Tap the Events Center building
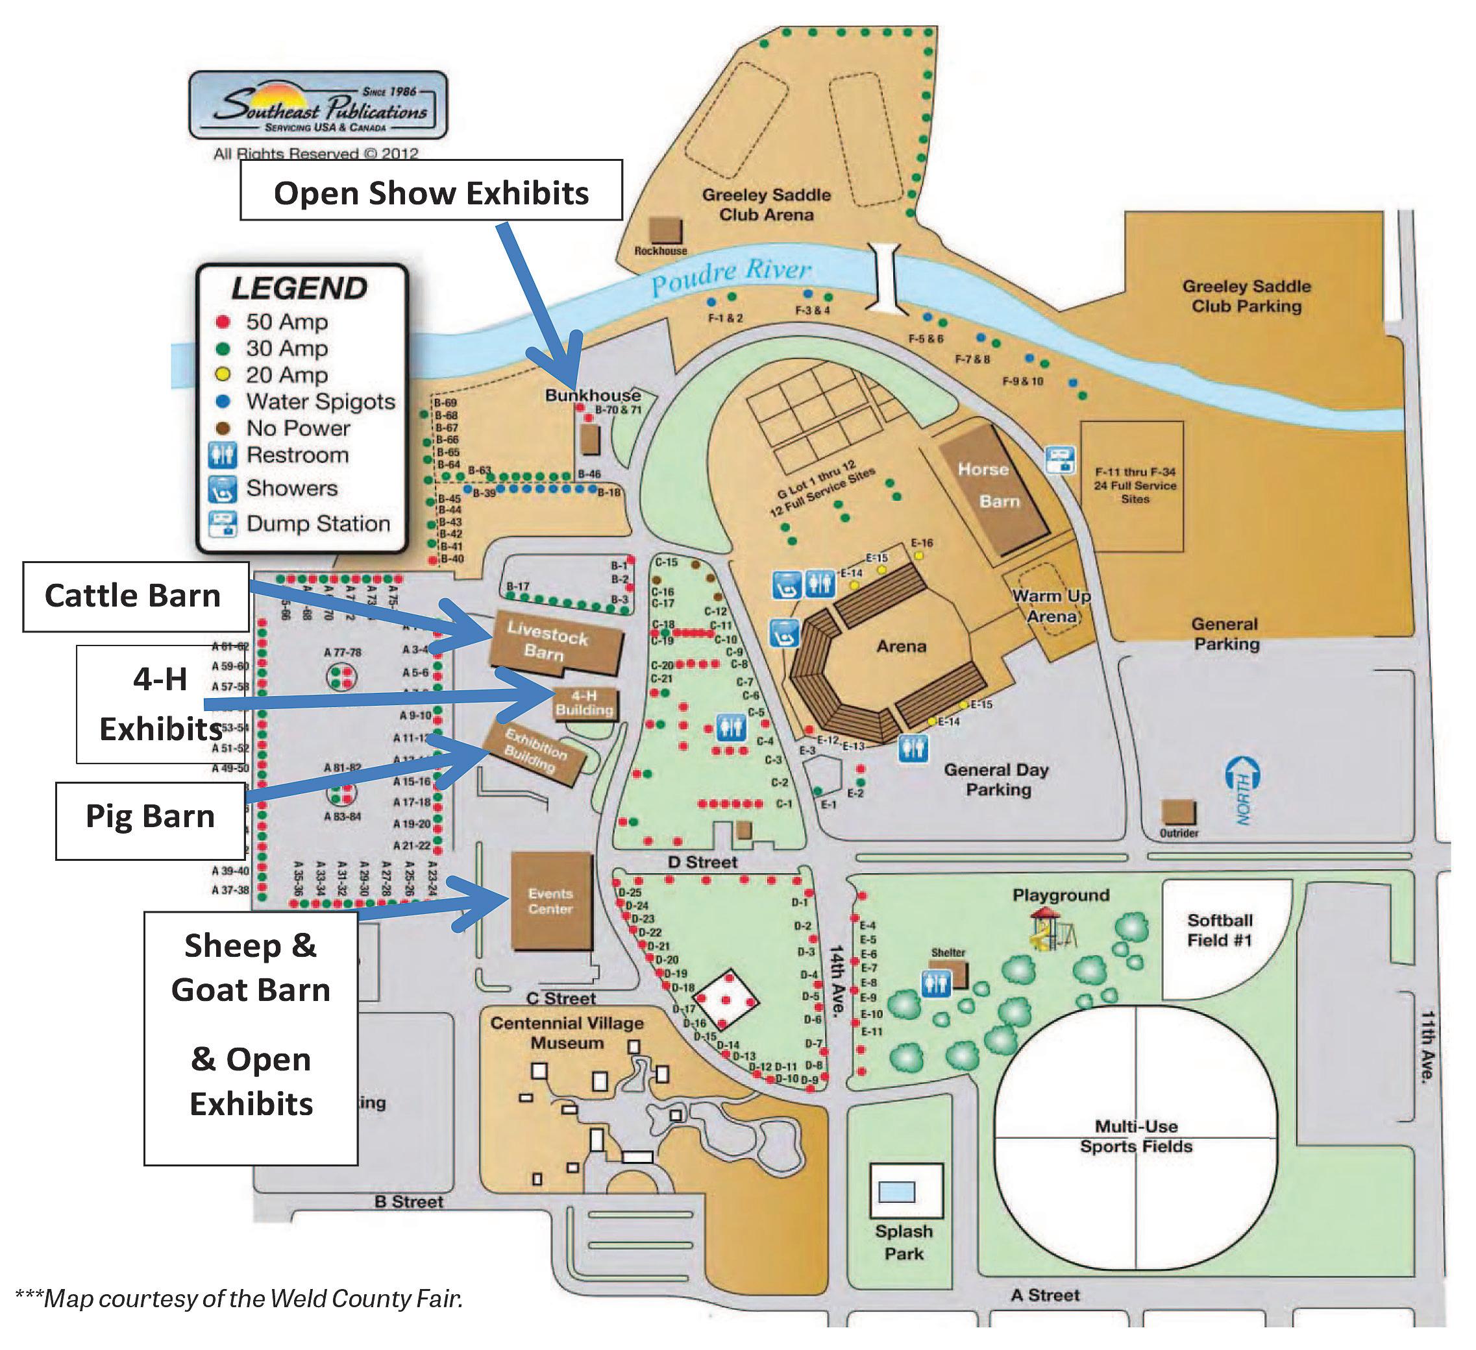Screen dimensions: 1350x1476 pyautogui.click(x=550, y=902)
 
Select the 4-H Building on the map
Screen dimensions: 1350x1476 pyautogui.click(x=584, y=703)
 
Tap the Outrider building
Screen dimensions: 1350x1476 pyautogui.click(x=1178, y=813)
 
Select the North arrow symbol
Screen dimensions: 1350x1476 pyautogui.click(x=1242, y=791)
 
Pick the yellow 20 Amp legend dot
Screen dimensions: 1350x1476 pyautogui.click(x=223, y=374)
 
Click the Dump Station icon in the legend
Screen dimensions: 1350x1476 pyautogui.click(x=223, y=524)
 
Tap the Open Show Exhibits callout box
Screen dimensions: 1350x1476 pyautogui.click(x=431, y=193)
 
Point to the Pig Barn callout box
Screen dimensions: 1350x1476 pyautogui.click(x=150, y=817)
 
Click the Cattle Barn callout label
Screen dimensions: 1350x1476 pyautogui.click(x=134, y=596)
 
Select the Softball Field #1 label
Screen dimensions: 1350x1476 pyautogui.click(x=1219, y=930)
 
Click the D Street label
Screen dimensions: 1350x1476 pyautogui.click(x=702, y=862)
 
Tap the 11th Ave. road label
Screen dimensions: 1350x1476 pyautogui.click(x=1428, y=1046)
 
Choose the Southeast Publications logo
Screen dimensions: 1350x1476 pyautogui.click(x=318, y=105)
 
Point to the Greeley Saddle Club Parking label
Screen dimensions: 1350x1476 pyautogui.click(x=1246, y=296)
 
